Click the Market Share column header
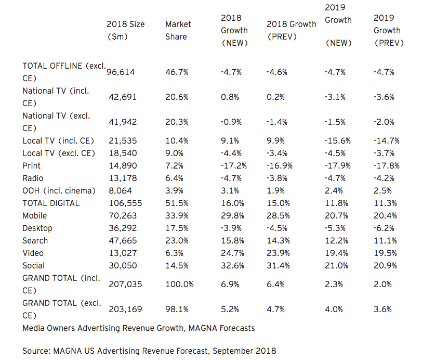tap(178, 30)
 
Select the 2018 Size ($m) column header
tap(125, 30)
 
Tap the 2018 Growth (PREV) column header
tap(291, 30)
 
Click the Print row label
tap(31, 165)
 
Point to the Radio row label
tap(32, 178)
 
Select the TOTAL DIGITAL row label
tap(51, 203)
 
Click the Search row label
tap(35, 240)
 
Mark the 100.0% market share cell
tap(179, 284)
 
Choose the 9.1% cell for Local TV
tap(230, 140)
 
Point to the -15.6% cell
tap(337, 140)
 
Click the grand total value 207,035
tap(125, 284)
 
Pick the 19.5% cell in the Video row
tap(385, 253)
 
